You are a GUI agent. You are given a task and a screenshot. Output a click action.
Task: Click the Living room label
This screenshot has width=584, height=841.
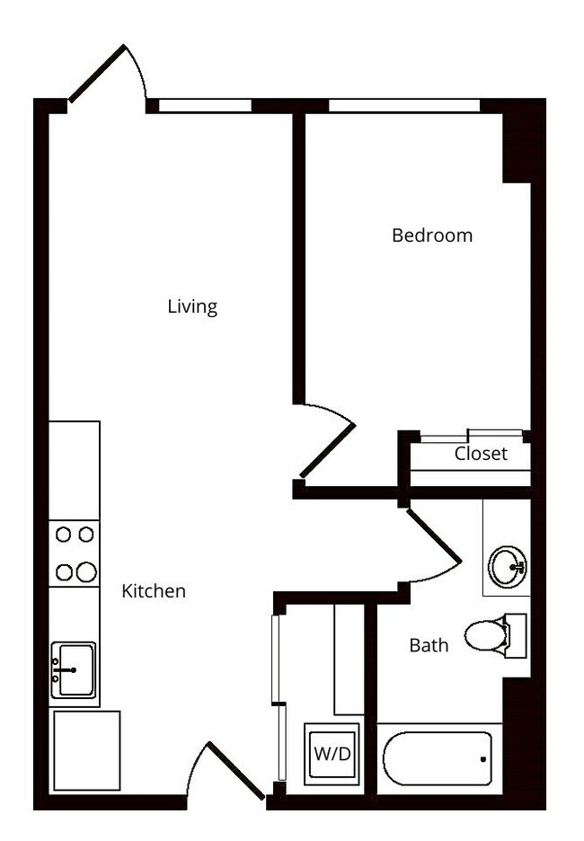(192, 306)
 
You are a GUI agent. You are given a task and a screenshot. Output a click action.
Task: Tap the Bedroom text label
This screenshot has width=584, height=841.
(431, 235)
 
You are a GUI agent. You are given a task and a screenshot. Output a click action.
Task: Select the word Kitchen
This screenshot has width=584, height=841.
(154, 591)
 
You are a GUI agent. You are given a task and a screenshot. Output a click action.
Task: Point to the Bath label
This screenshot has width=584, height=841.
(429, 644)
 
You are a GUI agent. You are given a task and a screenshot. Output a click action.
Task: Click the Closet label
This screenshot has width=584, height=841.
(480, 454)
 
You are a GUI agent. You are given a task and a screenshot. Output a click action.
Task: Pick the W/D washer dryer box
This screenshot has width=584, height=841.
(332, 754)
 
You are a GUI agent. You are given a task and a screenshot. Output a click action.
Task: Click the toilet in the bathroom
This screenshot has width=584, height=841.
(486, 636)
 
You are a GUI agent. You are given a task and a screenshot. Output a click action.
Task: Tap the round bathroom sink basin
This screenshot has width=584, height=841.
(507, 567)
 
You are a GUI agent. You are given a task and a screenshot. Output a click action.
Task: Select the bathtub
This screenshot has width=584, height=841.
(438, 759)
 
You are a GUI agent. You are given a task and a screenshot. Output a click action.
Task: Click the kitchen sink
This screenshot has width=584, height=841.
(73, 669)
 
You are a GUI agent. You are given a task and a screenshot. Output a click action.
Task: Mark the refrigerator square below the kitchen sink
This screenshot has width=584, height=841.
(85, 750)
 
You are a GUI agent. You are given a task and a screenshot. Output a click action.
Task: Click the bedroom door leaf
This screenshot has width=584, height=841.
(327, 450)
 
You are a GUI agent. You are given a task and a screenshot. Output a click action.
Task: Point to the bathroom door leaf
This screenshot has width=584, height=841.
(434, 536)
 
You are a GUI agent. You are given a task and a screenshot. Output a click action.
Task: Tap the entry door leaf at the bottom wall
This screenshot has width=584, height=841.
(236, 771)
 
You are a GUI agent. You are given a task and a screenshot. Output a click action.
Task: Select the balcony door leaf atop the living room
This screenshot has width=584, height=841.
(97, 74)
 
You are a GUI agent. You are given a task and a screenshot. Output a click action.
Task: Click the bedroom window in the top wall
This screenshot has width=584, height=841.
(404, 106)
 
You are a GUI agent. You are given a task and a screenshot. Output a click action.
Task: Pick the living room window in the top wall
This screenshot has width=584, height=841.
(205, 106)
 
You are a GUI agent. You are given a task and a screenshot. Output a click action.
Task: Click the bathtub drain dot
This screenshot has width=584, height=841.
(482, 759)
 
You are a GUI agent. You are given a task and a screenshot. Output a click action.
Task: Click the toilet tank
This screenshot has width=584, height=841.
(516, 635)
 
